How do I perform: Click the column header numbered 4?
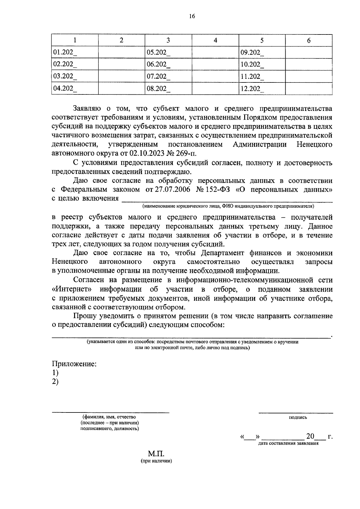[215, 40]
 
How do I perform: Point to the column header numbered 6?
[309, 40]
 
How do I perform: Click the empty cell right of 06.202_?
[215, 64]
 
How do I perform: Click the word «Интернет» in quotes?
[72, 289]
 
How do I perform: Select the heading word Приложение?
[74, 364]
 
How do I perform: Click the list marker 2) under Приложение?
[55, 382]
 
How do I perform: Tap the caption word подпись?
[298, 417]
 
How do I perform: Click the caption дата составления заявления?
[288, 443]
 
